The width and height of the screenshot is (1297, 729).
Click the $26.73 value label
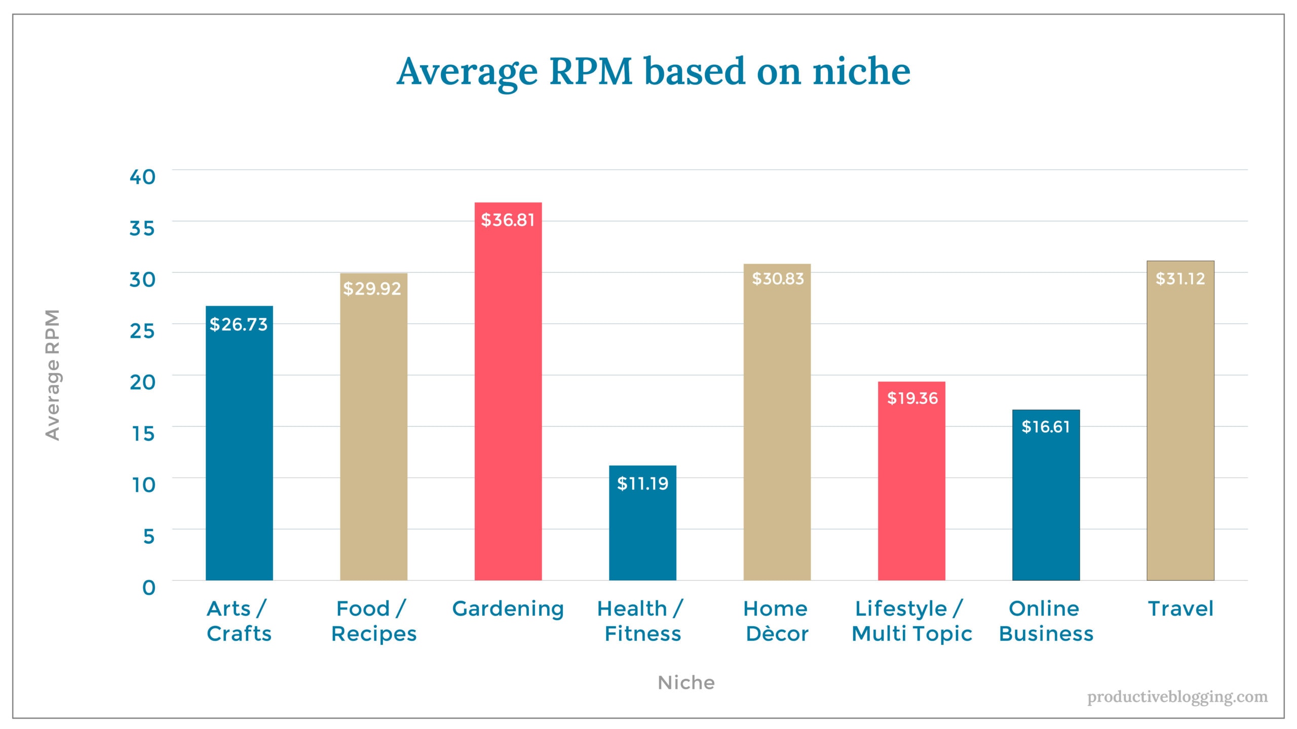(x=238, y=325)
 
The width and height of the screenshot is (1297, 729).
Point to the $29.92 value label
(x=372, y=289)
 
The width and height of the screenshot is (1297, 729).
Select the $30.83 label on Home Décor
(x=778, y=278)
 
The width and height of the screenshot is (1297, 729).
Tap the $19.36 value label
(x=912, y=398)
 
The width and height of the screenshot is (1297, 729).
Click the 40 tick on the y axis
(x=142, y=177)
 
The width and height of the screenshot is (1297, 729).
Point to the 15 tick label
(x=143, y=433)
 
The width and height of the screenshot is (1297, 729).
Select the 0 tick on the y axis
(x=148, y=587)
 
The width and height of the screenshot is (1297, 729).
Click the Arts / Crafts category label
(x=239, y=621)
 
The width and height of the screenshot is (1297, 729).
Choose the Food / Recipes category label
(x=373, y=621)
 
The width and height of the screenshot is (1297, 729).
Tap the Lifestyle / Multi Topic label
(x=911, y=621)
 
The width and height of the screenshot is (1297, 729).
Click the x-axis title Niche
(x=686, y=683)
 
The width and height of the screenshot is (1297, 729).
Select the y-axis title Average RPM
(x=53, y=375)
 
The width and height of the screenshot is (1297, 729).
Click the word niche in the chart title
(x=861, y=71)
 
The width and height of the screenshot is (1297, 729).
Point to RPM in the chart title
(x=591, y=71)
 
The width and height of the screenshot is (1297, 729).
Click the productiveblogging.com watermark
(x=1177, y=697)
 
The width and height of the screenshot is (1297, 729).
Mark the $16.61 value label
(x=1045, y=427)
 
